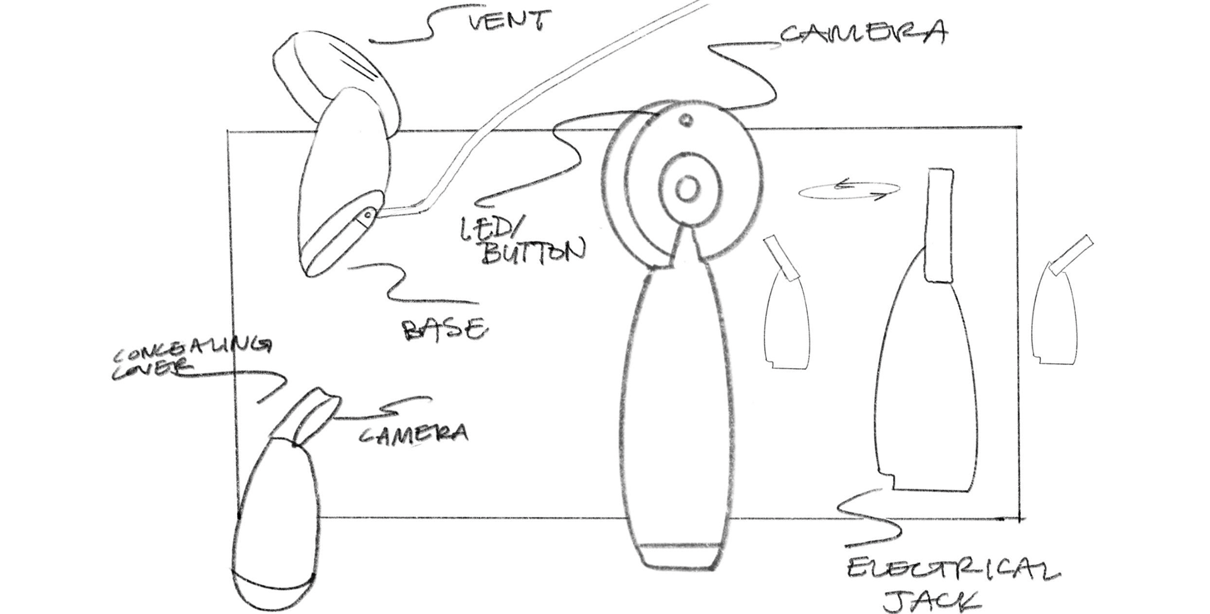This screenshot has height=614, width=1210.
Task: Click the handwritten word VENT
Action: (507, 20)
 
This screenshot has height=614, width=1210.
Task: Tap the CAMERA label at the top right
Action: (863, 33)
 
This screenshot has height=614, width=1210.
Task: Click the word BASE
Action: (445, 329)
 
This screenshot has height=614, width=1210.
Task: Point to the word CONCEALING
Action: (192, 352)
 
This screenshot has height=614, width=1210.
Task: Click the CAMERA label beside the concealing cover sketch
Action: (414, 433)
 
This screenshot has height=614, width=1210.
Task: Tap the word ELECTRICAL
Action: (952, 571)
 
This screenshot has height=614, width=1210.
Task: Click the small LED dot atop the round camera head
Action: (687, 119)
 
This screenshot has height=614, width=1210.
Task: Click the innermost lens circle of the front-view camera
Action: (687, 188)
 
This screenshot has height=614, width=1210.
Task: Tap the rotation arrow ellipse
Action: (849, 190)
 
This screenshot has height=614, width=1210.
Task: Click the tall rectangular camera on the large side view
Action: (939, 225)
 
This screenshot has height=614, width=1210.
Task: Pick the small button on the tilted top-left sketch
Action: (366, 216)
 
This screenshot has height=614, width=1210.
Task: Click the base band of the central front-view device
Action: (680, 555)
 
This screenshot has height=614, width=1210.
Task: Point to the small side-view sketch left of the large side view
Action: (786, 309)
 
